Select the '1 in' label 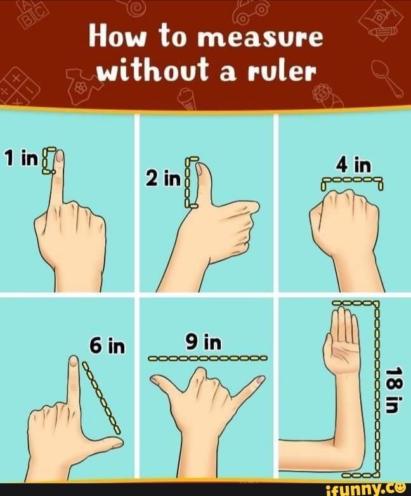pyautogui.click(x=20, y=158)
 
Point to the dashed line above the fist pyautogui.click(x=353, y=182)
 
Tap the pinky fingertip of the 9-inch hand pyautogui.click(x=259, y=380)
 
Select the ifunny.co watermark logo pyautogui.click(x=364, y=488)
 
